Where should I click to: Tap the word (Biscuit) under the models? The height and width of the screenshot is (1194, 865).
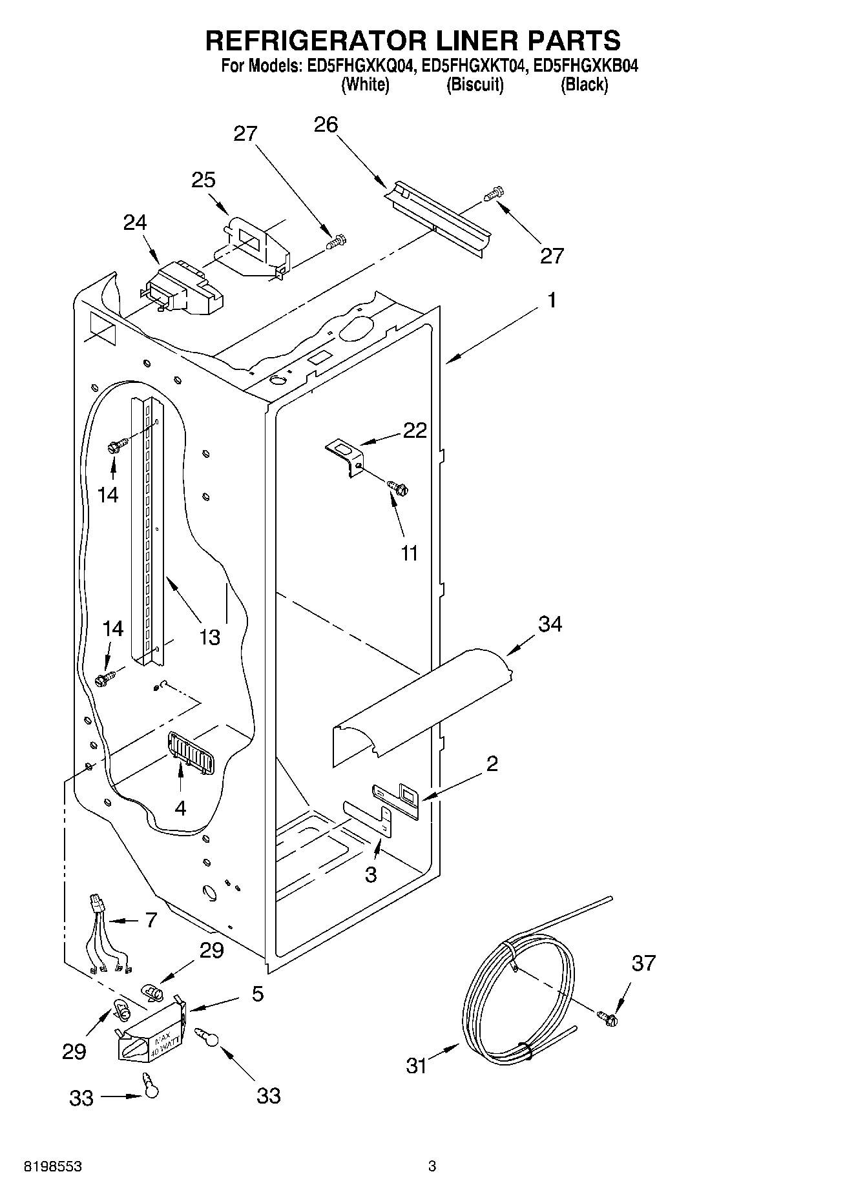[475, 85]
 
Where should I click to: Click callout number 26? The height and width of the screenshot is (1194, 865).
[326, 125]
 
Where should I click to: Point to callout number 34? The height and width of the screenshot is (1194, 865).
[550, 624]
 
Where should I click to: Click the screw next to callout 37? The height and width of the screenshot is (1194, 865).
[607, 1018]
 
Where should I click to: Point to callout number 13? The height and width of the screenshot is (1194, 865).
[209, 637]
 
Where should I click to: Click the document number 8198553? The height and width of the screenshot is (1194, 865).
[52, 1166]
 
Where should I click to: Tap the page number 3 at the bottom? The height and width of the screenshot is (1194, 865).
[432, 1166]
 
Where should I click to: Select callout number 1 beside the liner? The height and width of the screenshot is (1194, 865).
[552, 300]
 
